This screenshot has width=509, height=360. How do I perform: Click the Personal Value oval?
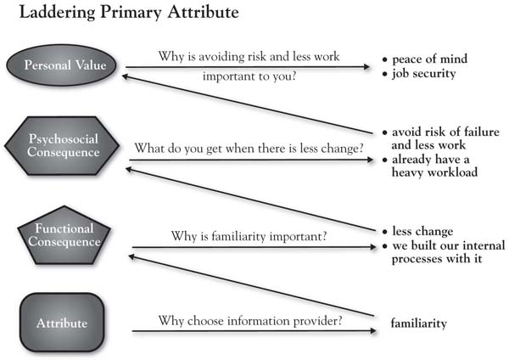(x=62, y=65)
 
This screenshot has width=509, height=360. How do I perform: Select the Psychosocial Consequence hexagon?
(x=62, y=145)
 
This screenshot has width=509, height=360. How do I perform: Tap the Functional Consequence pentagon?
(x=64, y=235)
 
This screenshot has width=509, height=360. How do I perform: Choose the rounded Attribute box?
(x=62, y=323)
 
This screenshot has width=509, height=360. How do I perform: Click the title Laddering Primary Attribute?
(x=129, y=13)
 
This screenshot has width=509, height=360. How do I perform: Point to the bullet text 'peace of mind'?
(x=430, y=59)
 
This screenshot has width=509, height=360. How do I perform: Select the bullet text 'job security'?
(x=424, y=73)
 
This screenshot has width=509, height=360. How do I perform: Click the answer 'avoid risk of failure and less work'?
(x=445, y=138)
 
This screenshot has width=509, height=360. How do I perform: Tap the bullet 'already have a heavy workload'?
(x=434, y=166)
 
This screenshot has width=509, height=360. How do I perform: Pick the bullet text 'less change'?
(x=422, y=231)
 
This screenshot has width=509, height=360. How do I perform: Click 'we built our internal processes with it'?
(x=448, y=252)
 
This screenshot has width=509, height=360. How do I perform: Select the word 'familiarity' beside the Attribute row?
(x=419, y=323)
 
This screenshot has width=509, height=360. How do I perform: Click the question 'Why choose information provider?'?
(x=250, y=321)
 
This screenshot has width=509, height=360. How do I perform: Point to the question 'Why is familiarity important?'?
(x=249, y=236)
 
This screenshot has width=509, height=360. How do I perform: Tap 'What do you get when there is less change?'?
(x=249, y=148)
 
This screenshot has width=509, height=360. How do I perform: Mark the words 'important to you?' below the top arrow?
(x=249, y=76)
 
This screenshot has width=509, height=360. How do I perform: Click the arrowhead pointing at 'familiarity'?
(x=373, y=331)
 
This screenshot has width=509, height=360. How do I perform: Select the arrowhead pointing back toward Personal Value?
(x=126, y=76)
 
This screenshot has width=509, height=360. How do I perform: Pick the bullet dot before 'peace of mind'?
(x=385, y=59)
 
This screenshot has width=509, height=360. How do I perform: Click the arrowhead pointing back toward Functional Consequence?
(x=132, y=257)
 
